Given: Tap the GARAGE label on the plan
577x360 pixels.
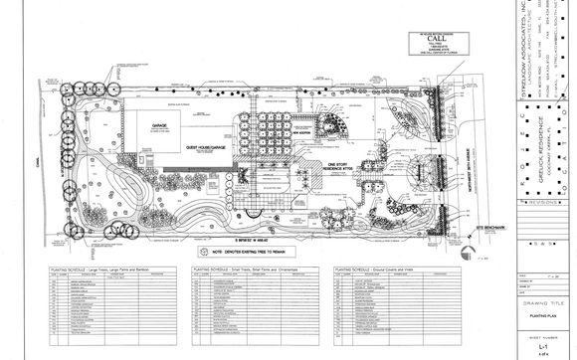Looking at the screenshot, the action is click(158, 125).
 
